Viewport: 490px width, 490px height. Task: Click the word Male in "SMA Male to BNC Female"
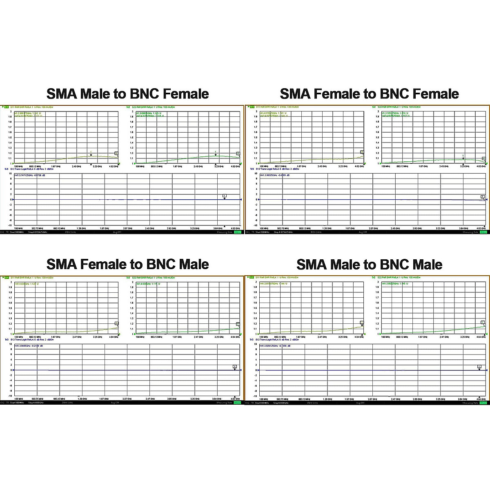[x=96, y=94]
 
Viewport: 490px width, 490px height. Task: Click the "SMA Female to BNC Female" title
[x=369, y=94]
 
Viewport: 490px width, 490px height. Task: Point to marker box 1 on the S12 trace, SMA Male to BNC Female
[x=224, y=196]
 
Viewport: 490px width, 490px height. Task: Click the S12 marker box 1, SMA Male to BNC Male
[x=479, y=367]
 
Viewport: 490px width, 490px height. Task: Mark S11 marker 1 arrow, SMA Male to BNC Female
[x=91, y=155]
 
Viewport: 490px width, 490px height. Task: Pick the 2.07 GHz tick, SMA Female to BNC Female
[x=373, y=228]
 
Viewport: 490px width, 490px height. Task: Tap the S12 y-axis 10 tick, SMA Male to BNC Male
[x=256, y=344]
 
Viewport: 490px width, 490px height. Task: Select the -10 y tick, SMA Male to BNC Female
[x=10, y=225]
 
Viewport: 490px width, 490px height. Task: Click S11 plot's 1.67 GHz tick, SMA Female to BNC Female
[x=301, y=166]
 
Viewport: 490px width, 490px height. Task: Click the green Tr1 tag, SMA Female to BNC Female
[x=252, y=107]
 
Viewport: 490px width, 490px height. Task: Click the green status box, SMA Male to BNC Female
[x=238, y=232]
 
